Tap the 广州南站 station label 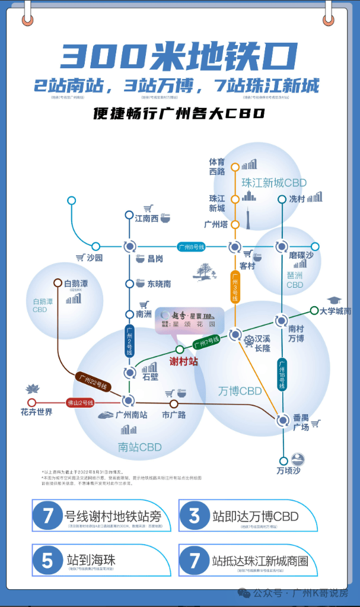[131, 415]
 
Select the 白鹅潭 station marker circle [58, 283]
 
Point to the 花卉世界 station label [37, 412]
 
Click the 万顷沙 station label [289, 472]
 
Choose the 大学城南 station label [336, 311]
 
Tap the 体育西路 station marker [235, 167]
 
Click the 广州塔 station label [216, 224]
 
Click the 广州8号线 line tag [191, 246]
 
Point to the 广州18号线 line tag [282, 374]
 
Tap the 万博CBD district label [240, 392]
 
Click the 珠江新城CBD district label [273, 183]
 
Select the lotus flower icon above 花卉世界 [32, 390]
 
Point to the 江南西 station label [146, 218]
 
